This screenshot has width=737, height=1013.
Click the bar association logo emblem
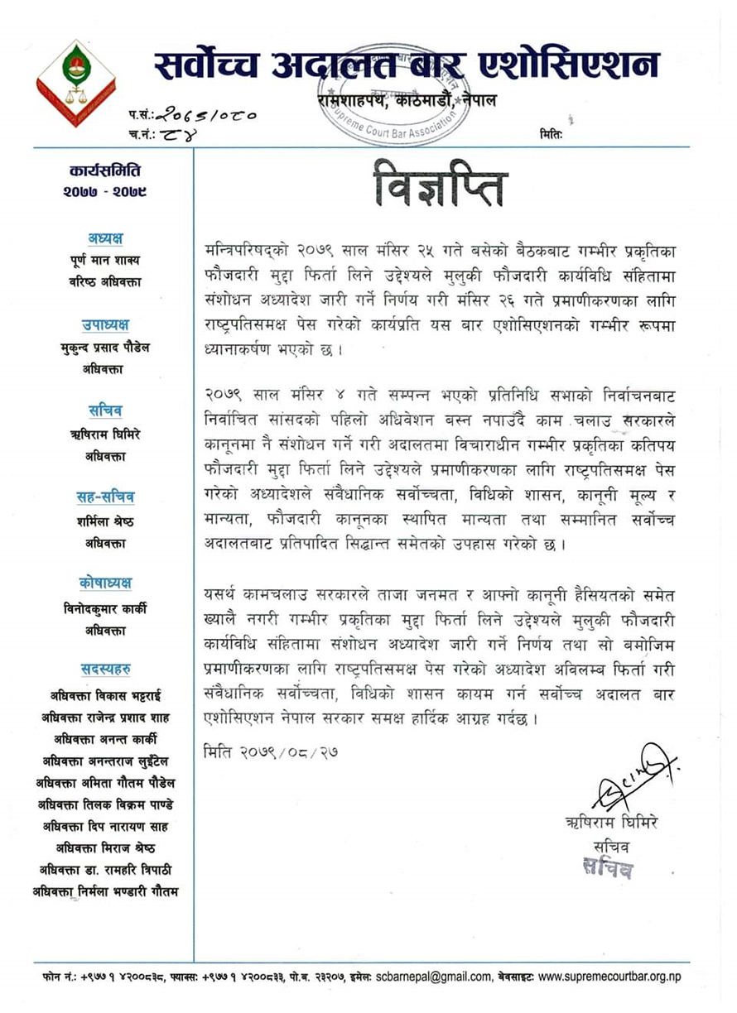[x=75, y=83]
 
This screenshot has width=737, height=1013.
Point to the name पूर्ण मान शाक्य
[x=105, y=261]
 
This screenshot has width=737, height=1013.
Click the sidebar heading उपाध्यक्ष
[x=105, y=324]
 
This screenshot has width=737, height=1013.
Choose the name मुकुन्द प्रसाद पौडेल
[x=105, y=348]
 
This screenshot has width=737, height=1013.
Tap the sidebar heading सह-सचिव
[x=105, y=497]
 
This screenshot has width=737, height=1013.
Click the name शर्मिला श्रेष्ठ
[x=105, y=521]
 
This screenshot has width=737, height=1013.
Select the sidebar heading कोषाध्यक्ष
[x=105, y=583]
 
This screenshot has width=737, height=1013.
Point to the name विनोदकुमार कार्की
[x=105, y=607]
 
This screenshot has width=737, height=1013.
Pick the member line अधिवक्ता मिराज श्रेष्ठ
[x=105, y=847]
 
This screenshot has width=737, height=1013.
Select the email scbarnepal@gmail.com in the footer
[x=433, y=977]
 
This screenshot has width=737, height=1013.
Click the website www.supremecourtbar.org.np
[x=609, y=977]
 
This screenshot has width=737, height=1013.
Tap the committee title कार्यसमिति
[x=105, y=171]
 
